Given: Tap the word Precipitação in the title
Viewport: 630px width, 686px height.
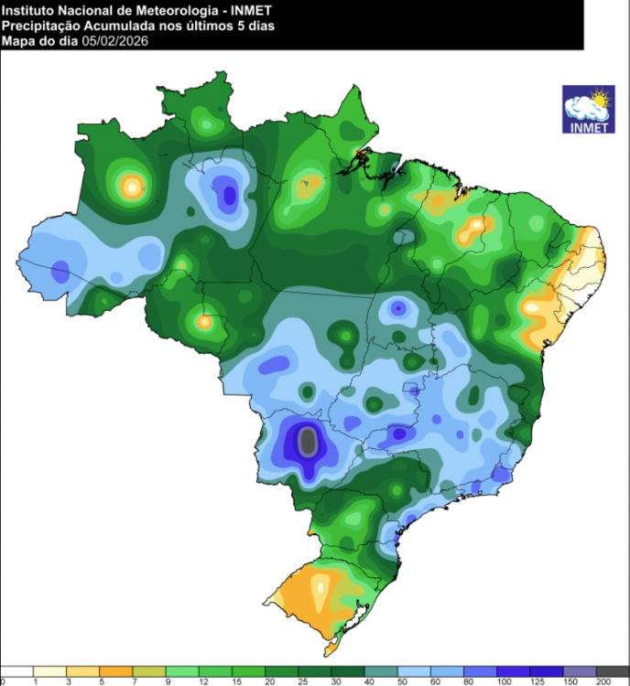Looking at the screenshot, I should coord(39,26).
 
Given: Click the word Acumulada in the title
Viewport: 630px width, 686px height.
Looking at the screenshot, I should coord(118,26).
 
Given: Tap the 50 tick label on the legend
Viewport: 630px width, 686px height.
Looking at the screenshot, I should coord(400,681).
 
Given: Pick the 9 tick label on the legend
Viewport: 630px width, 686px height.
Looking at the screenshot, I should coord(168,681).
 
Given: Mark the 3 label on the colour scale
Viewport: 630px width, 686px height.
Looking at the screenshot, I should coord(68,681).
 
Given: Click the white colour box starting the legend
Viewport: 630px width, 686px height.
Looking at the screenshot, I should coord(17,670).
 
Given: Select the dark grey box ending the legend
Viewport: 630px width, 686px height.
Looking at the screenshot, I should coord(614,670).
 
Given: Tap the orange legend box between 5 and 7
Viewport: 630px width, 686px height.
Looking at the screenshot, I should coord(117,670).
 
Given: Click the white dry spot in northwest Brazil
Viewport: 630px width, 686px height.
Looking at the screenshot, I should coord(132,187).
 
